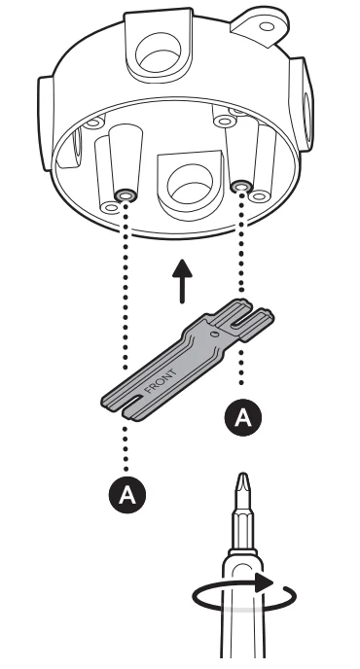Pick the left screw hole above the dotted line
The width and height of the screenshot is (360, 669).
pos(125,195)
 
